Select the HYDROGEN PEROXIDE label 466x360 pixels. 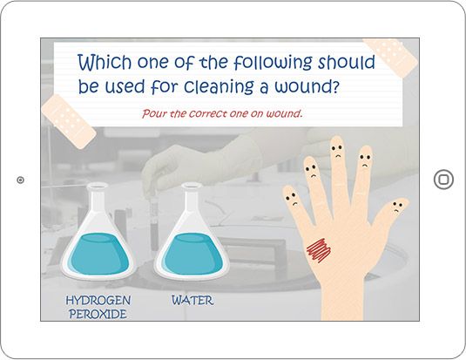pyautogui.click(x=98, y=307)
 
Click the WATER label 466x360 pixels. pyautogui.click(x=192, y=300)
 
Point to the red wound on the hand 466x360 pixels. pyautogui.click(x=319, y=250)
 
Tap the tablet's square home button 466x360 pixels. pyautogui.click(x=443, y=180)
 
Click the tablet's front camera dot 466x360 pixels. pyautogui.click(x=20, y=180)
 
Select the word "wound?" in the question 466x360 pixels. pyautogui.click(x=307, y=86)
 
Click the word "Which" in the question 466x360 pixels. pyautogui.click(x=105, y=62)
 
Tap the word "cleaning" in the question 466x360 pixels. pyautogui.click(x=219, y=87)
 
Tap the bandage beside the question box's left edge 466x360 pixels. pyautogui.click(x=69, y=121)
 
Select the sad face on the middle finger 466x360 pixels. pyautogui.click(x=337, y=151)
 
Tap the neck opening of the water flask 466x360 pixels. pyautogui.click(x=192, y=186)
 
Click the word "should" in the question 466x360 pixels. pyautogui.click(x=347, y=62)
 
